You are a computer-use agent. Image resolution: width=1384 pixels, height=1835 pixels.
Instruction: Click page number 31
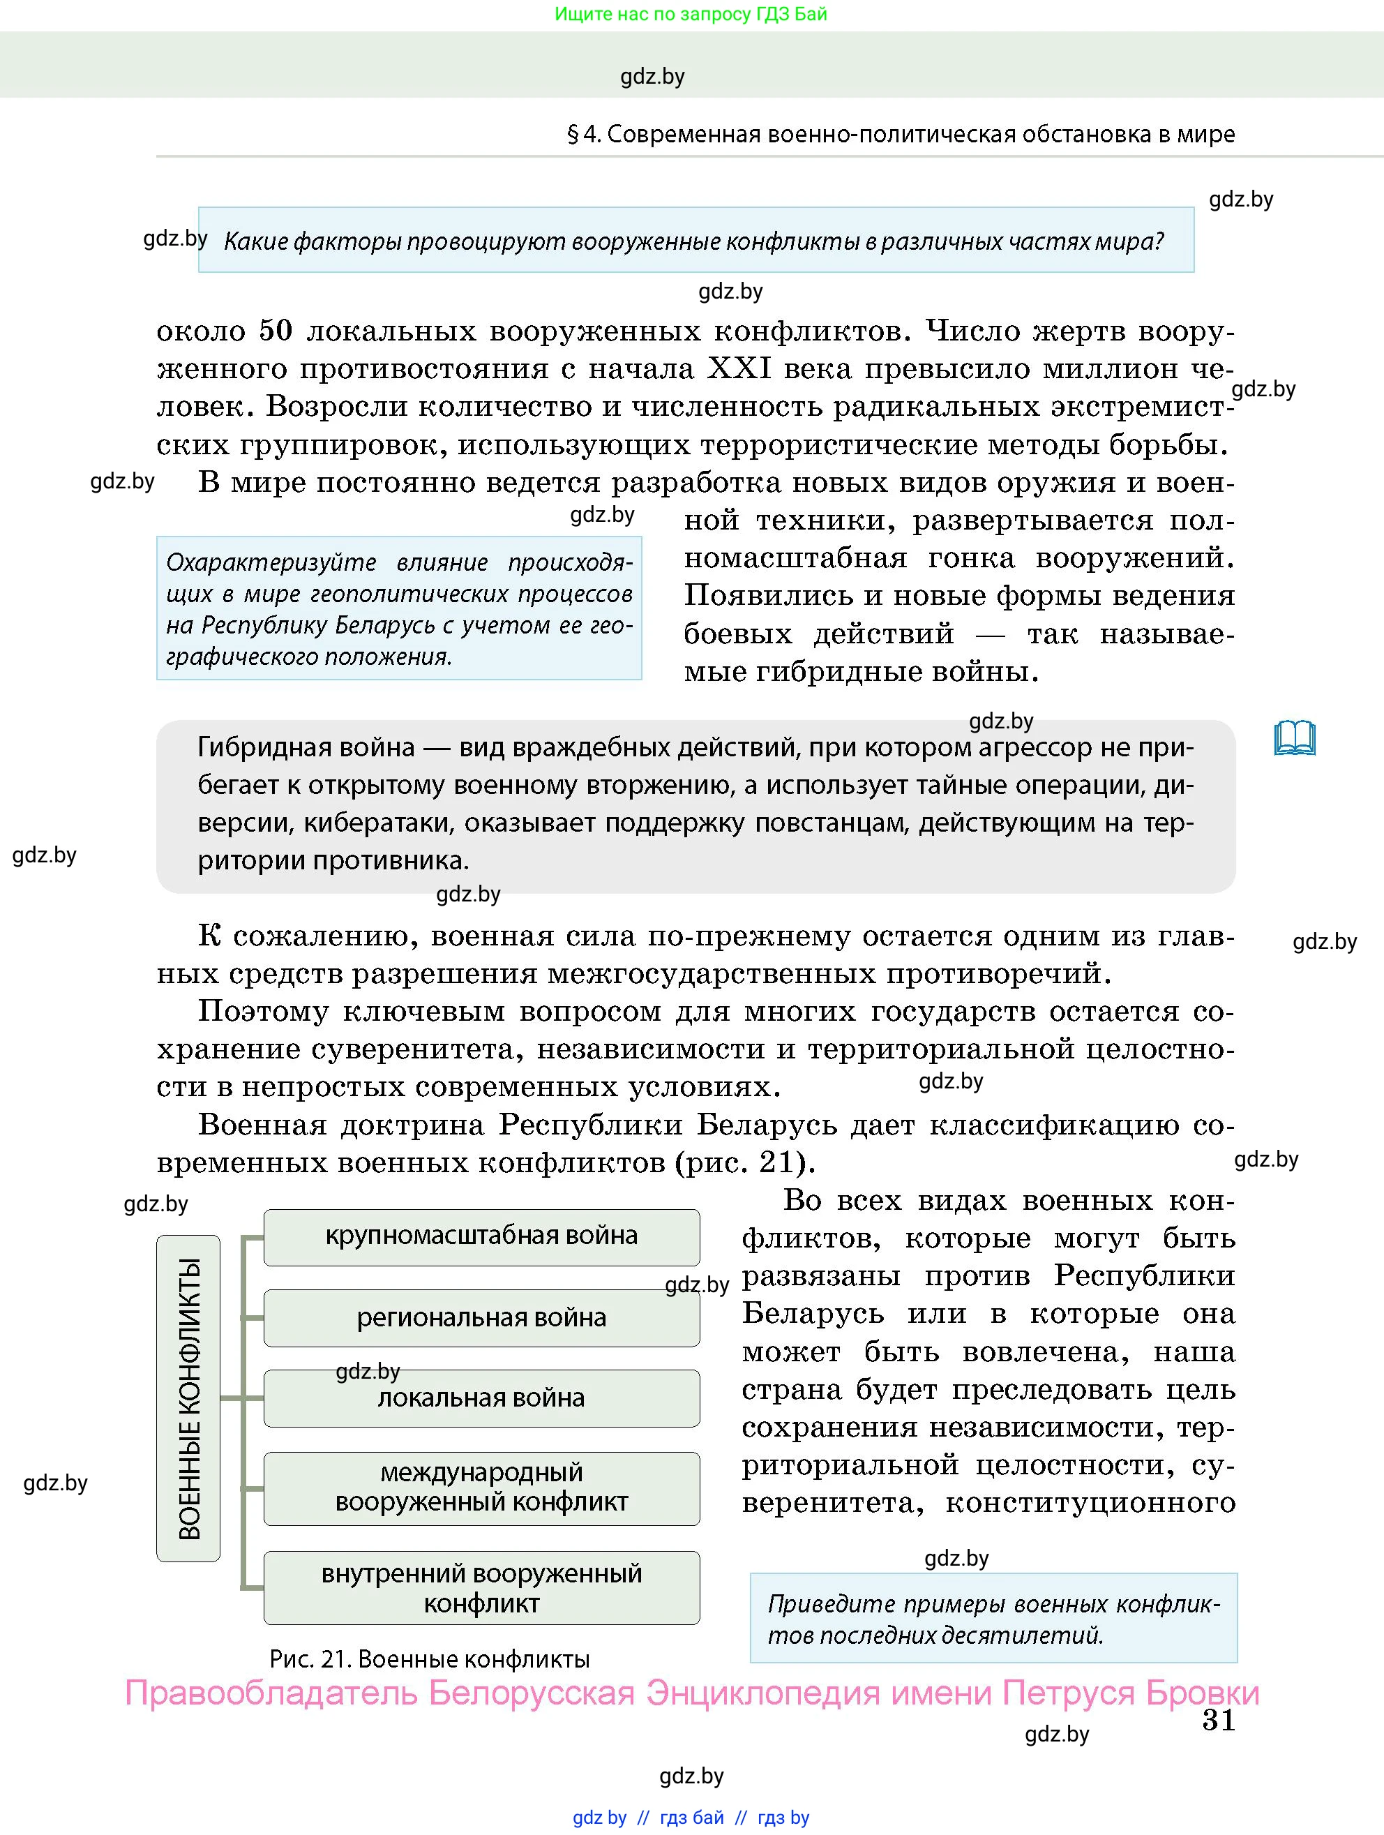1218,1721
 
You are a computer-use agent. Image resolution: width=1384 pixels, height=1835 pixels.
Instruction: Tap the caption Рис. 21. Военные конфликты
430,1660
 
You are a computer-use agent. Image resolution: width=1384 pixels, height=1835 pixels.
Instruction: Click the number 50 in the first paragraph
276,331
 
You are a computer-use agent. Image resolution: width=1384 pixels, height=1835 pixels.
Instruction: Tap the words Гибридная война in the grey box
305,748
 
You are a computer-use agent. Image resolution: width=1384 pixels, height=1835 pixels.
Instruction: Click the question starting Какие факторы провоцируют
693,241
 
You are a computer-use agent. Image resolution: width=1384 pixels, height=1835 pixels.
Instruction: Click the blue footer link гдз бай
691,1818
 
